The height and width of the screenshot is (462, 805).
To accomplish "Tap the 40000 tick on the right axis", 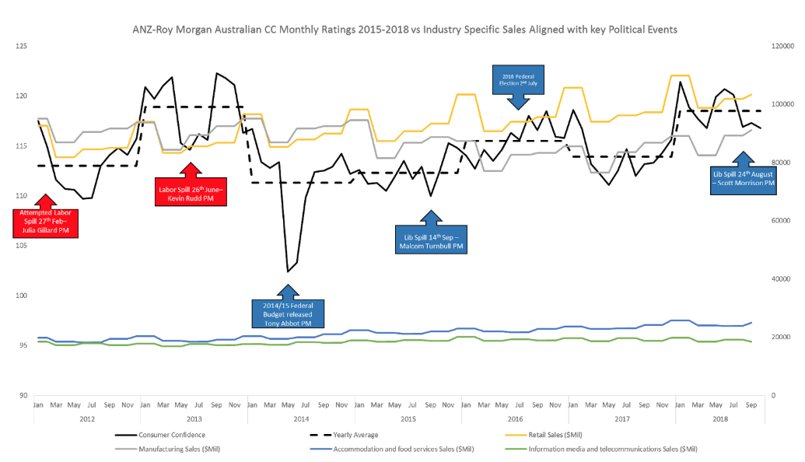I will click(x=780, y=278).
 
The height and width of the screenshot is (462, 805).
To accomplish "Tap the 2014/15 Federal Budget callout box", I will click(x=288, y=313).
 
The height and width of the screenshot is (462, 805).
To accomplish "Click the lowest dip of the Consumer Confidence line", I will click(x=288, y=271).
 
